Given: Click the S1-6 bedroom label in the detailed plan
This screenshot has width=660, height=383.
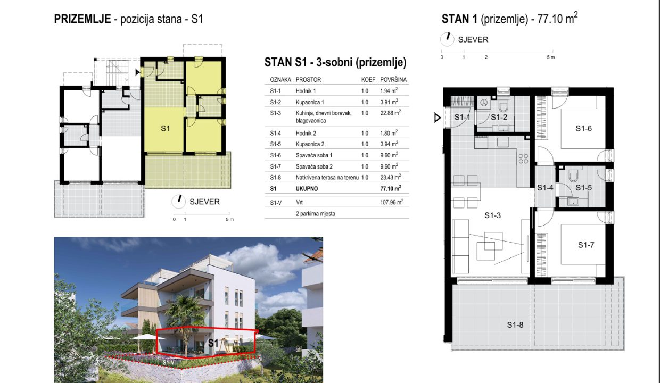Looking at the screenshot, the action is point(583,128).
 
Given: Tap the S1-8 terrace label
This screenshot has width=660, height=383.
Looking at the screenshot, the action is point(515,324).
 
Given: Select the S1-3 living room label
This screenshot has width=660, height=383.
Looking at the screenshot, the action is point(493,215).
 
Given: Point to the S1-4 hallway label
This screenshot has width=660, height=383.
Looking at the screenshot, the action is point(545,188).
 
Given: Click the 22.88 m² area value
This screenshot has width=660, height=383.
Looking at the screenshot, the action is point(390,113).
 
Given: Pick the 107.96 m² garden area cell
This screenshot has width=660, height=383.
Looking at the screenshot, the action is point(392,202).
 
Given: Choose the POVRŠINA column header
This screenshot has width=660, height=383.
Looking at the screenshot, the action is point(393,79).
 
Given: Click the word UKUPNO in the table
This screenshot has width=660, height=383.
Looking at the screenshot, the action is point(307,189).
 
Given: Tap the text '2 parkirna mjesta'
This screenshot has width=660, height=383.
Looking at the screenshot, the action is point(315,214).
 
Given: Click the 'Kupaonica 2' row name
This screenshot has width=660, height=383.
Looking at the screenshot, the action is point(310,144).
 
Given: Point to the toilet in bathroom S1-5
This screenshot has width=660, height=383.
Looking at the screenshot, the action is point(573,176).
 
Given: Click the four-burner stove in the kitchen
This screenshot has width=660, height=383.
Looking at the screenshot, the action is point(523,159).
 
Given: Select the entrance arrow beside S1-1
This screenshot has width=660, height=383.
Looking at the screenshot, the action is point(438,118).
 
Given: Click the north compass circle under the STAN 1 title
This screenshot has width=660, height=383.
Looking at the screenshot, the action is point(447,39).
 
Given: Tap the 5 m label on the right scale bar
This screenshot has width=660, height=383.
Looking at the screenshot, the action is point(551,57).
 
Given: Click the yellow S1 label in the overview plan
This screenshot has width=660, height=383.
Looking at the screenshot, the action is point(166,128).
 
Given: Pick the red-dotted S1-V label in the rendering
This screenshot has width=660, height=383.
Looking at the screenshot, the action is point(169,363).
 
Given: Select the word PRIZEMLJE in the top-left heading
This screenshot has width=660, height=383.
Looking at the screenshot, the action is point(82,19).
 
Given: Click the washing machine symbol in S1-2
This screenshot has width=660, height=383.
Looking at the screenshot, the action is point(483,103).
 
